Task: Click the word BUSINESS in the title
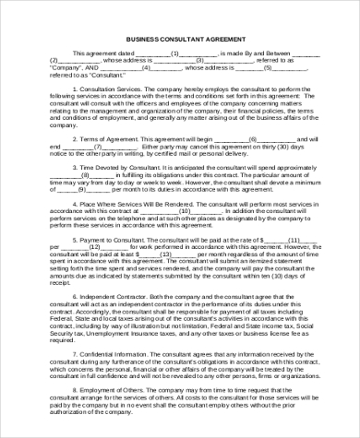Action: pyautogui.click(x=139, y=41)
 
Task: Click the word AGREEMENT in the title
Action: pyautogui.click(x=224, y=41)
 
